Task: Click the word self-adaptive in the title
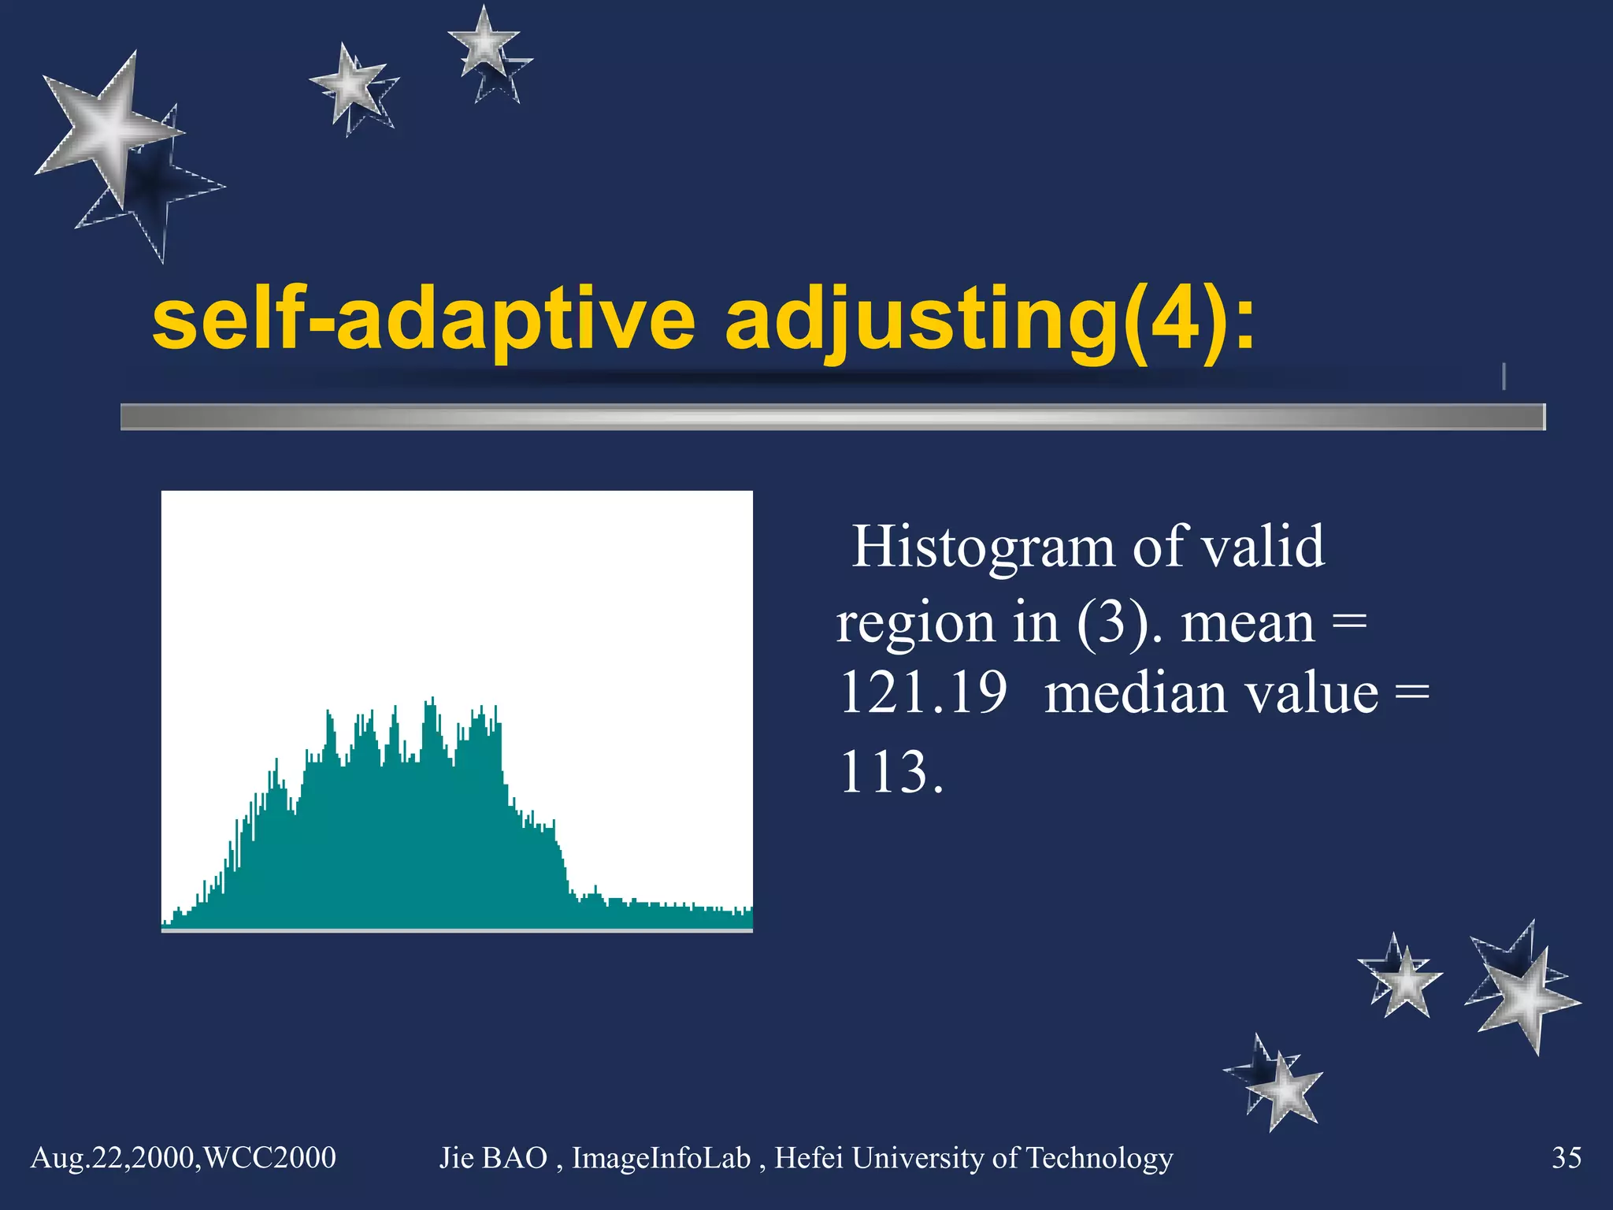(x=424, y=321)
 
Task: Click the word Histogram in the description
(x=983, y=546)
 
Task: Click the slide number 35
(x=1566, y=1158)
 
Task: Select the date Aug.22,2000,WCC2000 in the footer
(x=183, y=1158)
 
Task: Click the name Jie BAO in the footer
(x=493, y=1158)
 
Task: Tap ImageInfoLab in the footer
(x=660, y=1158)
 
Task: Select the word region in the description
(x=914, y=622)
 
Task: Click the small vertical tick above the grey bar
(x=1504, y=377)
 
